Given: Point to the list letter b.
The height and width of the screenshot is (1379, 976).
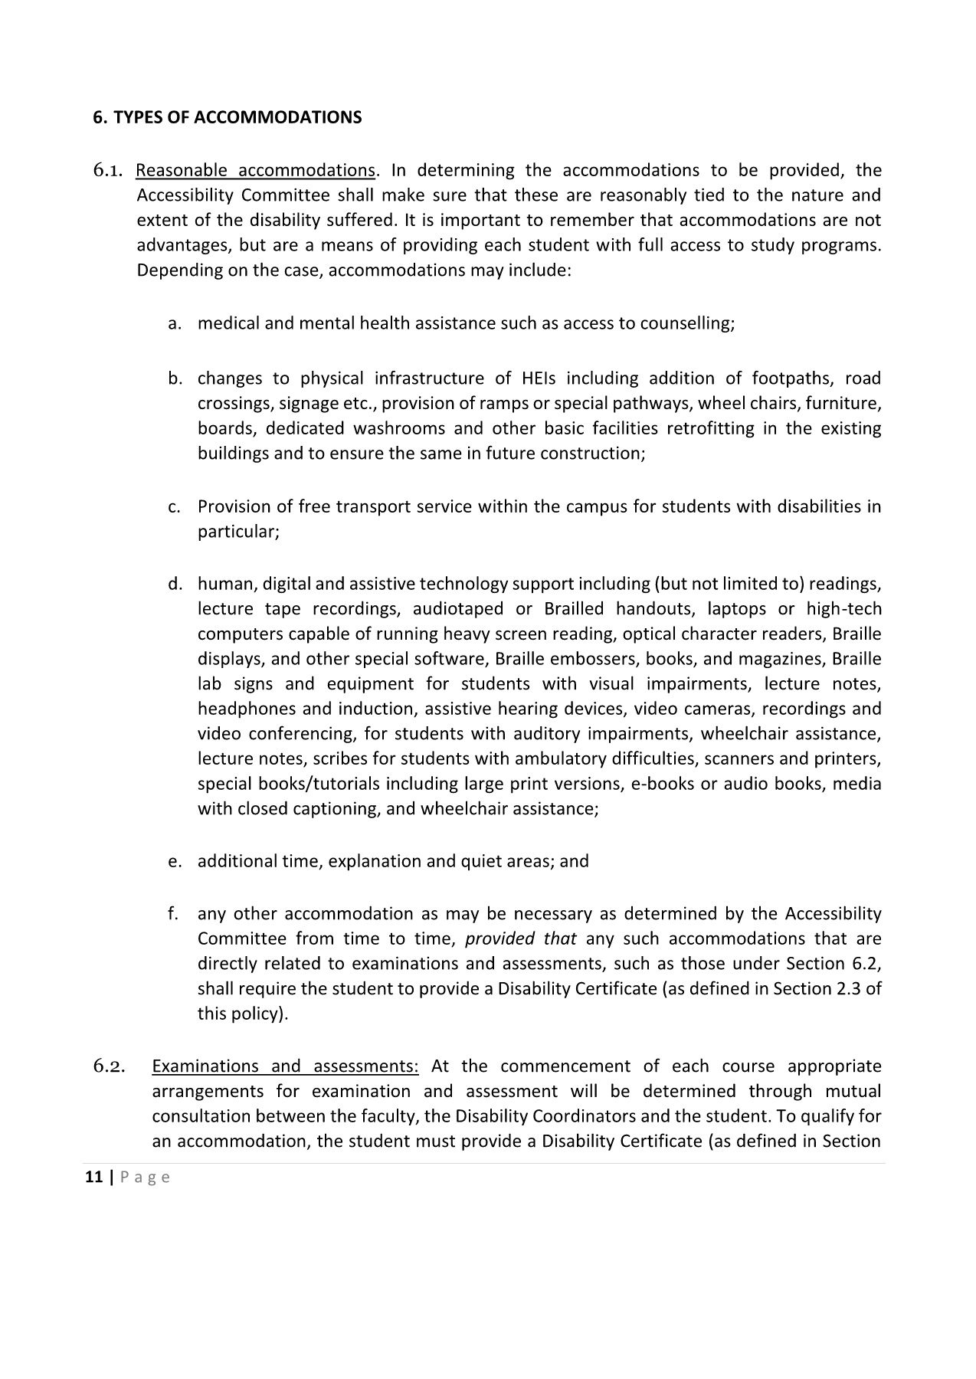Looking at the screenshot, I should [175, 378].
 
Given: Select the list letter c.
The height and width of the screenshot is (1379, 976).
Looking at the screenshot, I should [175, 507].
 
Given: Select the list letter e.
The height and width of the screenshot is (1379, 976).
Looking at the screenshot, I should [175, 861].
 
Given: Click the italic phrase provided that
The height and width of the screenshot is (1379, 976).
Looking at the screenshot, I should [520, 938].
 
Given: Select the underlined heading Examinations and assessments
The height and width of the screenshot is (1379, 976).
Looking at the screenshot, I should [285, 1066].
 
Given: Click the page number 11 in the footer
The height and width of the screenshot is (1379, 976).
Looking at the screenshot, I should [93, 1178].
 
